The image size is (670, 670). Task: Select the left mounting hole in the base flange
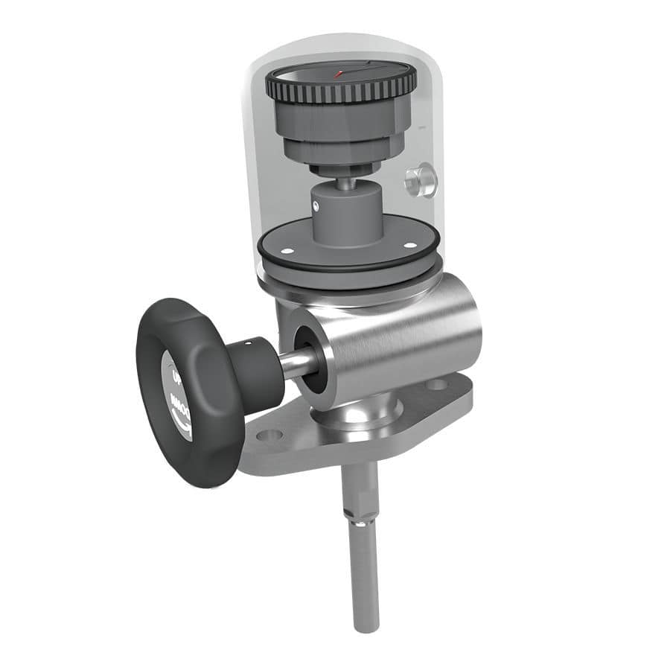[269, 435]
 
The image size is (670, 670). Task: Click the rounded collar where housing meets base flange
[357, 417]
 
